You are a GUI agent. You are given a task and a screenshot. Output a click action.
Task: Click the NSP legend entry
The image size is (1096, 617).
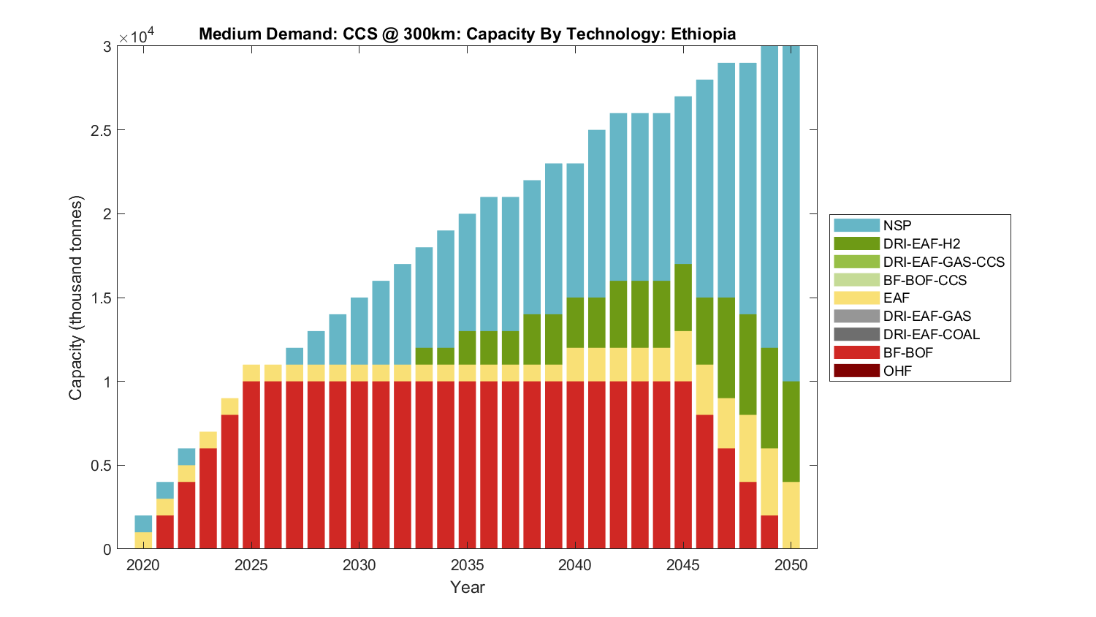click(897, 225)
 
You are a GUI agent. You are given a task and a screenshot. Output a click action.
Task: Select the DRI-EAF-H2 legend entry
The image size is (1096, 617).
click(921, 243)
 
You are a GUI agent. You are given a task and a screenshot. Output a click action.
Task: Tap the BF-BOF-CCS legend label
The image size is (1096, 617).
click(924, 280)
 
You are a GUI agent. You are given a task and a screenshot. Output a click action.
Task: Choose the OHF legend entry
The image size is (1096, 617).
click(897, 371)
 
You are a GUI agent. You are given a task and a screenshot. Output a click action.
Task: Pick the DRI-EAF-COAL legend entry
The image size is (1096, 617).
click(931, 334)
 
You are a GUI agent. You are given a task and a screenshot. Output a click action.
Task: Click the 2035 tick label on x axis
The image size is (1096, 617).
click(468, 565)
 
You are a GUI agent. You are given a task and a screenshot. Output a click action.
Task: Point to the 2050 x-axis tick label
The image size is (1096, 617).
click(791, 565)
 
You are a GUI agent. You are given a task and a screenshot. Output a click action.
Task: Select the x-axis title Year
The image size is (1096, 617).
click(468, 587)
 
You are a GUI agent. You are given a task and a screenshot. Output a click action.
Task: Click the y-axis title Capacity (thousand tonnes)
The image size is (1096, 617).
click(76, 298)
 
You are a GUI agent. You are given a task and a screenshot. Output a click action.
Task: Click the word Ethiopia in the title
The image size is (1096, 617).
click(703, 34)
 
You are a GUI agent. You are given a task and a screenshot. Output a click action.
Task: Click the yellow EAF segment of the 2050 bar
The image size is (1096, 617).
click(791, 515)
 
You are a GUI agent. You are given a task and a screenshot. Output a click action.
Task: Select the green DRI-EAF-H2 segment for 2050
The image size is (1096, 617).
click(791, 431)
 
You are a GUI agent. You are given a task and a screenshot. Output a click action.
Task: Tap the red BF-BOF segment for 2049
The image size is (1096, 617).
click(769, 532)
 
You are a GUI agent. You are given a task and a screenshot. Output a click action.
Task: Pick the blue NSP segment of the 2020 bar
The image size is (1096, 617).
click(143, 523)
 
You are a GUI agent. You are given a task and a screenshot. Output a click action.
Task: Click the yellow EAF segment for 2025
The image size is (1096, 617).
click(251, 373)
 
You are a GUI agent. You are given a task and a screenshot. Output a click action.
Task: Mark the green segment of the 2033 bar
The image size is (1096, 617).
click(424, 356)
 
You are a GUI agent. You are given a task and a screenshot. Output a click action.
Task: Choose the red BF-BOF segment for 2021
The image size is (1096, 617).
click(165, 532)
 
